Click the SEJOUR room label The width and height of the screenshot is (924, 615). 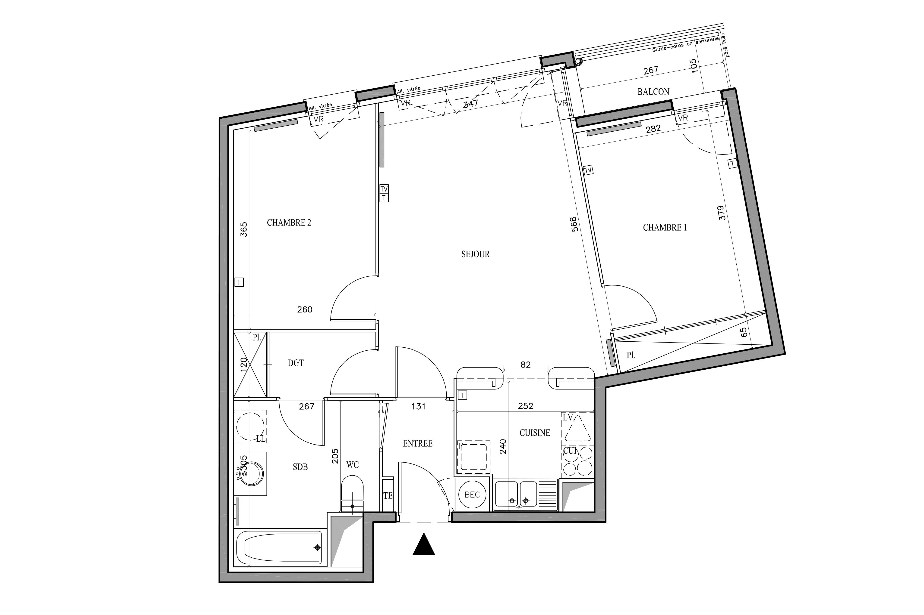pyautogui.click(x=475, y=254)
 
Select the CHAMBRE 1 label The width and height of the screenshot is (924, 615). pyautogui.click(x=664, y=228)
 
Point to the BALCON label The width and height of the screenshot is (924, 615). pyautogui.click(x=653, y=92)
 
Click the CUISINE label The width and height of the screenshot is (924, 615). pyautogui.click(x=534, y=433)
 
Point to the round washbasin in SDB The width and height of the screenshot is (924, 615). pyautogui.click(x=251, y=474)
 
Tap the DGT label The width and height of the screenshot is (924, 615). pyautogui.click(x=295, y=363)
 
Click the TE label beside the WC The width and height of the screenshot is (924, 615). pyautogui.click(x=388, y=496)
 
